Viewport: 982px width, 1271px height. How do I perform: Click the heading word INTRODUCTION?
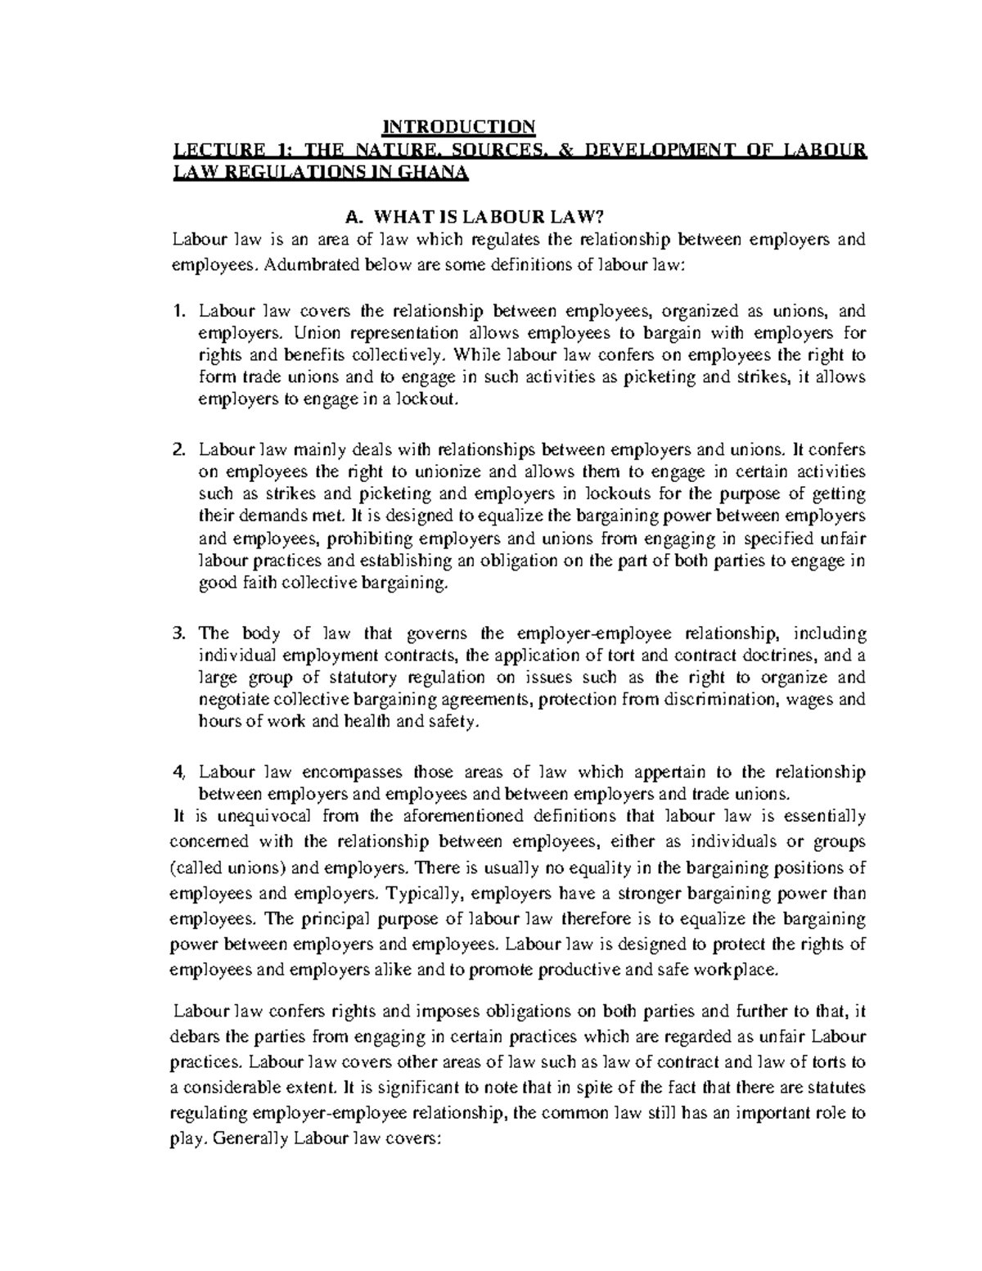(x=460, y=127)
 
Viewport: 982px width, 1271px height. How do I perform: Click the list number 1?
(x=180, y=311)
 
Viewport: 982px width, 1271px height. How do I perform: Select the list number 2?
(x=180, y=450)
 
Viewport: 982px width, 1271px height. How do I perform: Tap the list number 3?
(x=180, y=633)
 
